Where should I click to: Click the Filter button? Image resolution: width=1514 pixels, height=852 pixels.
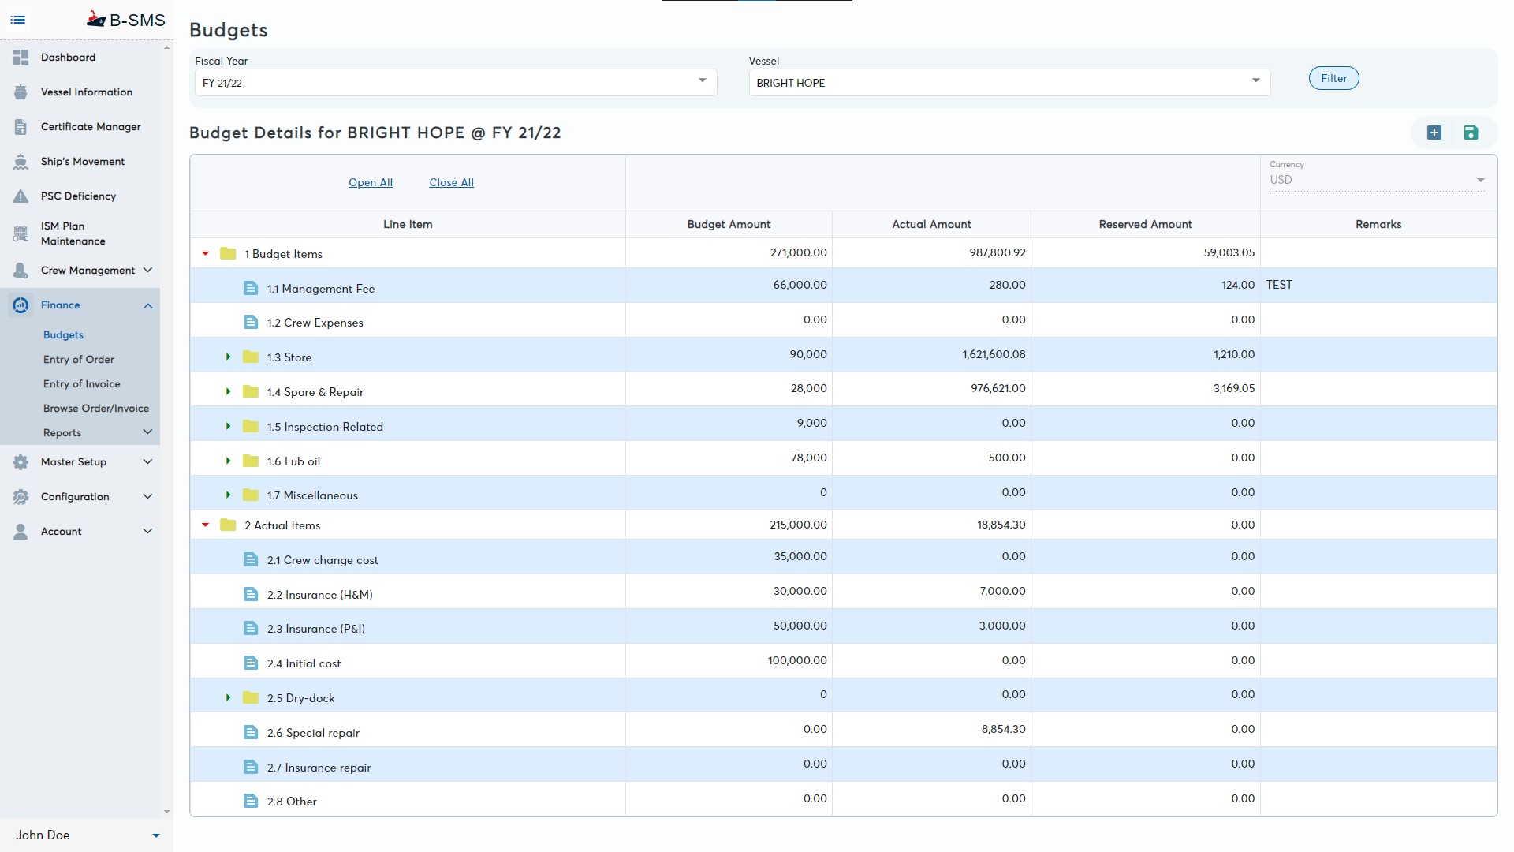click(x=1333, y=78)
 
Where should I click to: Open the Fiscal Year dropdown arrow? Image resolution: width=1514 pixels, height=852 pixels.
click(x=702, y=81)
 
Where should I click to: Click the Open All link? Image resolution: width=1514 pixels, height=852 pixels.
click(x=371, y=182)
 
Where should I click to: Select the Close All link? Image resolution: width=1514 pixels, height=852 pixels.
click(x=451, y=182)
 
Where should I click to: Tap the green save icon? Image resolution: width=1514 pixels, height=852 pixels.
click(x=1471, y=133)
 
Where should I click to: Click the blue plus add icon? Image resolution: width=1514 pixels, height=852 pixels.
click(x=1434, y=133)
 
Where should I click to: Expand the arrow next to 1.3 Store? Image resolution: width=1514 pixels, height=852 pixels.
click(x=229, y=357)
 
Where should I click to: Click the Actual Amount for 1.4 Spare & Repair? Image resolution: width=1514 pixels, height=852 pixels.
click(x=998, y=388)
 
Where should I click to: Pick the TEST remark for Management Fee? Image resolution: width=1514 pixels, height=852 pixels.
click(x=1279, y=285)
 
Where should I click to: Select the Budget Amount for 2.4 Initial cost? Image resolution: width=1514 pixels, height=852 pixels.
click(x=797, y=660)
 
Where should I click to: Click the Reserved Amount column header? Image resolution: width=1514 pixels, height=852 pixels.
click(x=1145, y=224)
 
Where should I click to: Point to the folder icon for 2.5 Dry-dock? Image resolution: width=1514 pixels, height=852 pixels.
click(x=251, y=697)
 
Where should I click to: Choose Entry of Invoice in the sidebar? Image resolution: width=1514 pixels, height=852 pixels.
click(x=82, y=384)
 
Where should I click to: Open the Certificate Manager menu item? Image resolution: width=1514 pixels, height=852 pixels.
click(x=91, y=126)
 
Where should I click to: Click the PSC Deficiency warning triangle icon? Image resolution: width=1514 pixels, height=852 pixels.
click(x=21, y=196)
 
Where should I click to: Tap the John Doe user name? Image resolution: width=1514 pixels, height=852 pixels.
click(x=43, y=835)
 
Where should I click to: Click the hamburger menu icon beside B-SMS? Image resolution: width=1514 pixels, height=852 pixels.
click(x=18, y=20)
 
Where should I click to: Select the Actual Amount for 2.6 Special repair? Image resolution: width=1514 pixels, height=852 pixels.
click(x=1003, y=729)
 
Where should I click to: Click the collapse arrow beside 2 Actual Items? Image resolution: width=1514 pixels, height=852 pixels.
click(x=206, y=525)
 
